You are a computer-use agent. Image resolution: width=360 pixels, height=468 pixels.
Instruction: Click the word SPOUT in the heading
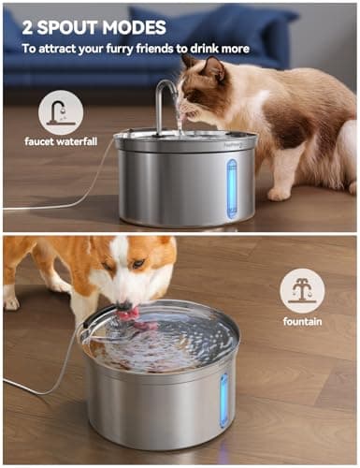[x=67, y=27]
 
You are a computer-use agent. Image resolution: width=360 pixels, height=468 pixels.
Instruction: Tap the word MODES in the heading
[x=134, y=27]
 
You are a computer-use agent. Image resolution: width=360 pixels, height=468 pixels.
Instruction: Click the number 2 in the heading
[x=27, y=27]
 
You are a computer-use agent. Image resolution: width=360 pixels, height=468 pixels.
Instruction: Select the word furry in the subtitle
[x=118, y=49]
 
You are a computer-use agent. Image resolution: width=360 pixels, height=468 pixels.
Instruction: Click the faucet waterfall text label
[x=61, y=141]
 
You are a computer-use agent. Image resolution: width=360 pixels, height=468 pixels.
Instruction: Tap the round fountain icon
[x=302, y=291]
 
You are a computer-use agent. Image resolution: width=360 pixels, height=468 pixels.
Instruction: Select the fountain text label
[x=302, y=321]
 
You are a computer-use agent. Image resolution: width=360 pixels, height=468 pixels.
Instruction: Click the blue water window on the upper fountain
[x=232, y=188]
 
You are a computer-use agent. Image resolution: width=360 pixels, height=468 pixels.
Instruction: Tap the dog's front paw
[x=11, y=302]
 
